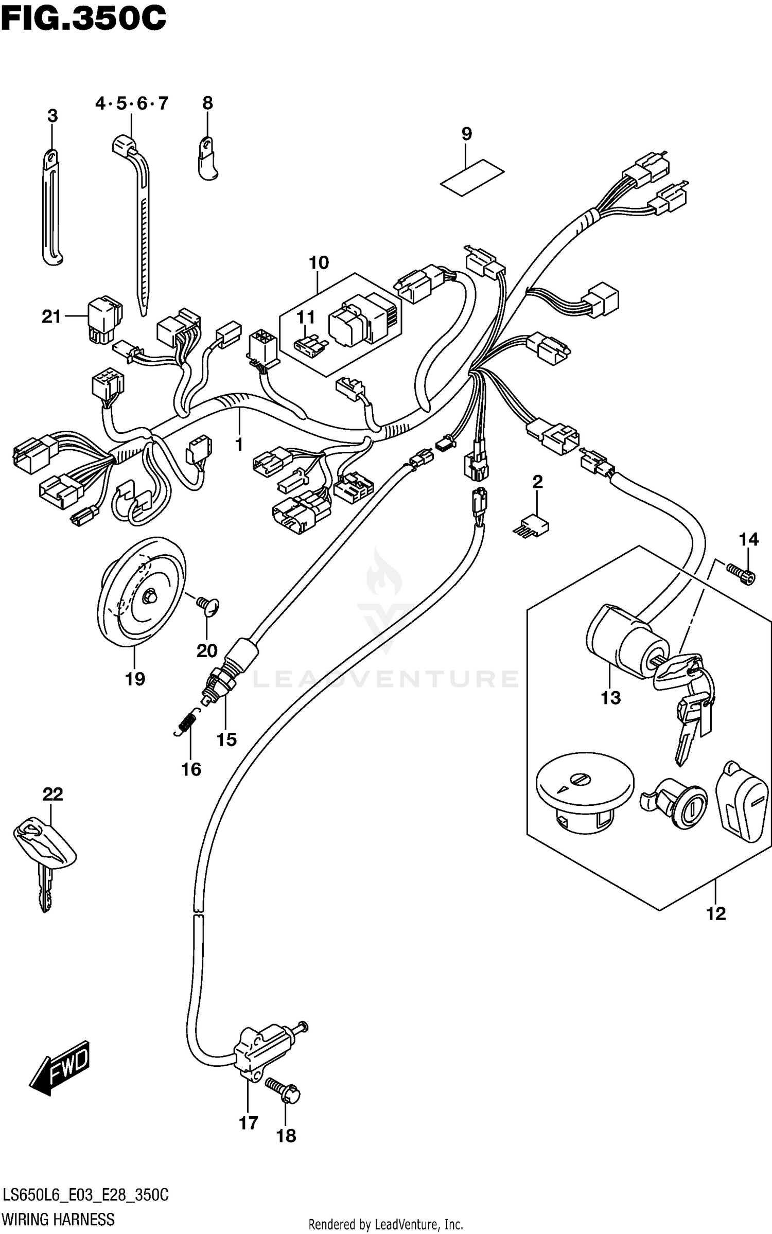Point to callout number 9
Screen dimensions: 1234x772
click(466, 134)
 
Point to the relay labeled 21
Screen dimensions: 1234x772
click(105, 320)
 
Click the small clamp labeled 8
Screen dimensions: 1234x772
click(207, 160)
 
